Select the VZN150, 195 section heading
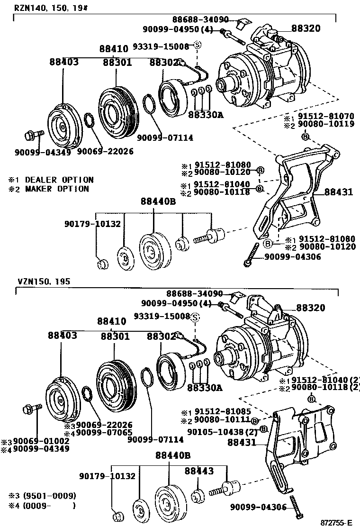tap(44, 281)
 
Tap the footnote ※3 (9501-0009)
tap(42, 496)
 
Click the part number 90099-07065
tap(104, 432)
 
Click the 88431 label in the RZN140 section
tap(338, 192)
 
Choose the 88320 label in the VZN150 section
tap(311, 308)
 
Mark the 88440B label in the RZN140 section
tap(158, 201)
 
